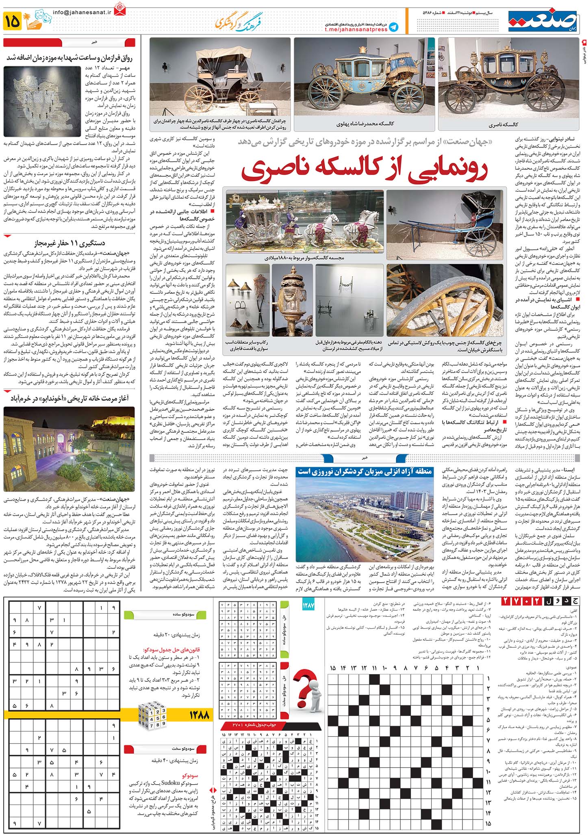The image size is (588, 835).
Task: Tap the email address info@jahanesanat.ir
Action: point(82,13)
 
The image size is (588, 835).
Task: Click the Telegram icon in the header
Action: point(393,27)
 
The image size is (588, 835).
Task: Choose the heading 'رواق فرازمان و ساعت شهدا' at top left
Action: point(70,58)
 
